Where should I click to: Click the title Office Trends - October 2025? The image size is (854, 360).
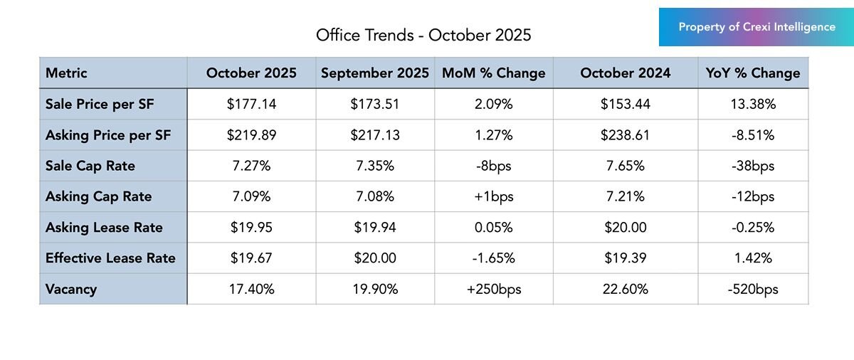423,35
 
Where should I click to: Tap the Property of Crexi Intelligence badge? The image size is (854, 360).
757,27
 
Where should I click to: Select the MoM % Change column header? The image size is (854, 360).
493,73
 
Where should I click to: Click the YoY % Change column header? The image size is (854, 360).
753,73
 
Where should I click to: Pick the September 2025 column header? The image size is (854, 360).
374,73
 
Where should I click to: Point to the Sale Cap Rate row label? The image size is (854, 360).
90,166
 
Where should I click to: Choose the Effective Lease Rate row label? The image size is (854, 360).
110,258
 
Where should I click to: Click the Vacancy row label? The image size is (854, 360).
71,289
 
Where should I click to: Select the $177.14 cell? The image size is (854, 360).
251,105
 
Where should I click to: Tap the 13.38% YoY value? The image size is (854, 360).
753,105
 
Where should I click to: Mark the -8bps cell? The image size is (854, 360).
493,166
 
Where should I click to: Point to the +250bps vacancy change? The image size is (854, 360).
493,289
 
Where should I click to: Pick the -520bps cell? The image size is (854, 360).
753,289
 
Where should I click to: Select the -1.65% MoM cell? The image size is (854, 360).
493,258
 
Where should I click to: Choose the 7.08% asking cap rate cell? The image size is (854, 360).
374,196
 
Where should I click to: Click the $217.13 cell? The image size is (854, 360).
374,135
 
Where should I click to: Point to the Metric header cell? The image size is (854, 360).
66,73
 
